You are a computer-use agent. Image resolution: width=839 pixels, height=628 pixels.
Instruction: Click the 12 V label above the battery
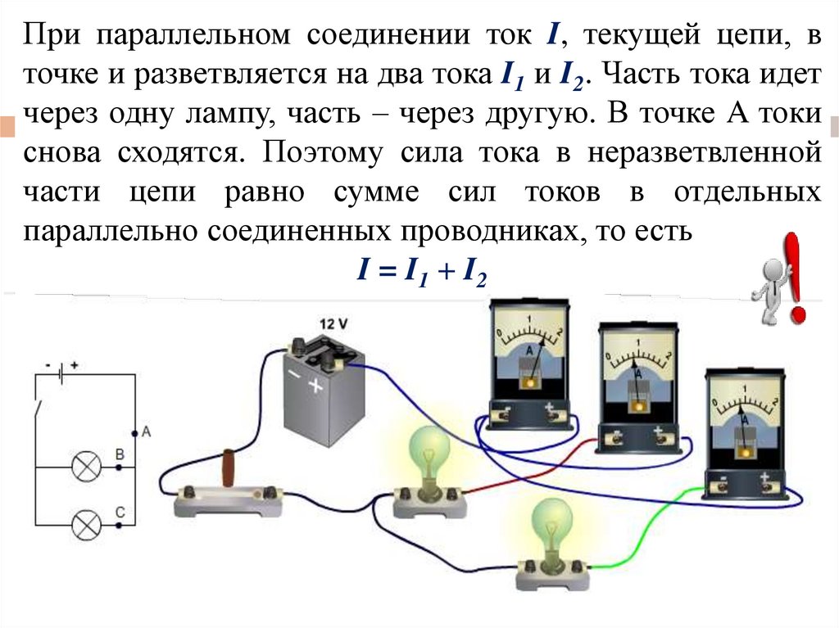coord(332,324)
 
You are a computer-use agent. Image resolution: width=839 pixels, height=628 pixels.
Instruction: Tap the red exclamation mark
coord(796,277)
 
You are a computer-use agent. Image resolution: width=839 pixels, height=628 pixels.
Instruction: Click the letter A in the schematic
coord(146,431)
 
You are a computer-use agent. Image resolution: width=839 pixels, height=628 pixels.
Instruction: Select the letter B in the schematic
coord(119,454)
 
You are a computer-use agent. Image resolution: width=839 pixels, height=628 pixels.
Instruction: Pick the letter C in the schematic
coord(119,512)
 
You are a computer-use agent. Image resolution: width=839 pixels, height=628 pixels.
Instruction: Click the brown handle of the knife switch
coord(231,470)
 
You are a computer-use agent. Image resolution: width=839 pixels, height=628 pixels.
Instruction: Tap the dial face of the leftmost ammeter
coord(528,337)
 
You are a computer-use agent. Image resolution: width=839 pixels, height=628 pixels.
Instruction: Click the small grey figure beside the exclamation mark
coord(769,291)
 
